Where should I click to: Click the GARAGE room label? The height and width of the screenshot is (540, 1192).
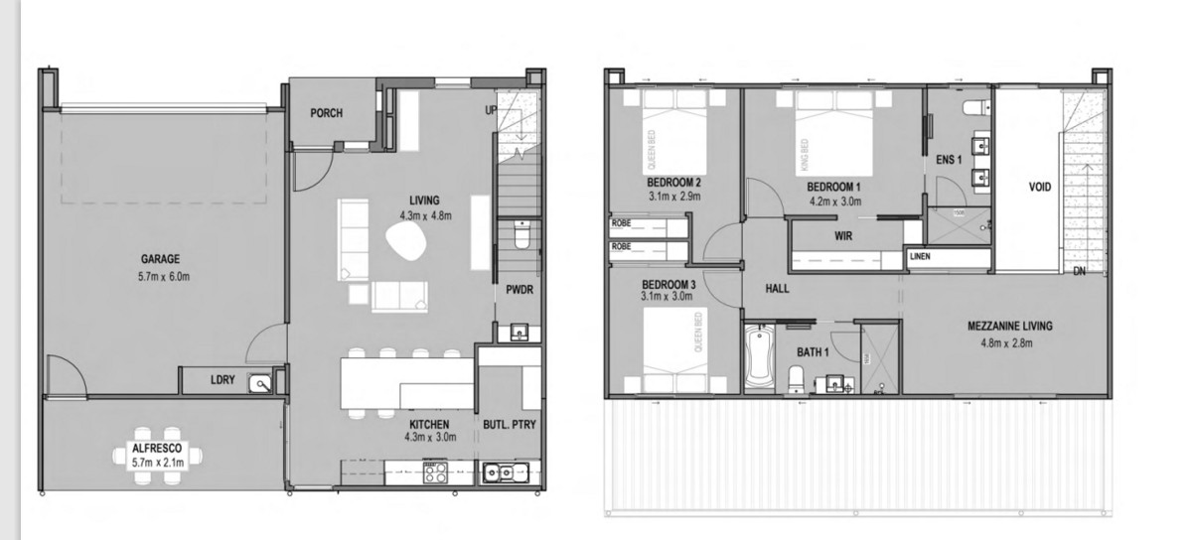tap(160, 259)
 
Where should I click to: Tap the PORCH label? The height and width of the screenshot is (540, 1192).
tap(326, 113)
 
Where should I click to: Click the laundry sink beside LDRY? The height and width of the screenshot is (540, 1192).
tap(261, 381)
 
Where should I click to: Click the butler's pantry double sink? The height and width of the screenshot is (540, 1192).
tap(505, 472)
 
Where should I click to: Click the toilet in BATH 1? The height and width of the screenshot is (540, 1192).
tap(797, 377)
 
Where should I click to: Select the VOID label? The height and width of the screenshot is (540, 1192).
tap(1040, 187)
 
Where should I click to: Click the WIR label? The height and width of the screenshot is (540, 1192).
tap(842, 236)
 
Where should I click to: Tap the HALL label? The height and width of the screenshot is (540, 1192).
tap(777, 289)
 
